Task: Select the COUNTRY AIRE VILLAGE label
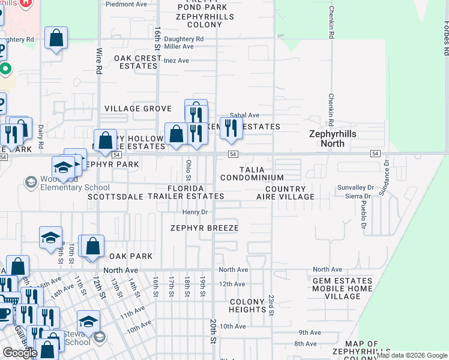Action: (285, 193)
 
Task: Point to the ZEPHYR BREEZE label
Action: (204, 228)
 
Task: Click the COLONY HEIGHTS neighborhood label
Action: (247, 306)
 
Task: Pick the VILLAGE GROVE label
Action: (138, 109)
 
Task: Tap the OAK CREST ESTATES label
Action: (138, 62)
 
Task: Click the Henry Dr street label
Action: (195, 212)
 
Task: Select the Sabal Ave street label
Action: (244, 115)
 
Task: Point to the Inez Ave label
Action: (176, 61)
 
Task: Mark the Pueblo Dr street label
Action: (363, 215)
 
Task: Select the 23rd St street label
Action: (271, 305)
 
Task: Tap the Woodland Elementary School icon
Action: (31, 181)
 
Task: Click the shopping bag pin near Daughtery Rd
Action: (56, 38)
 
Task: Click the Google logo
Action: (20, 353)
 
